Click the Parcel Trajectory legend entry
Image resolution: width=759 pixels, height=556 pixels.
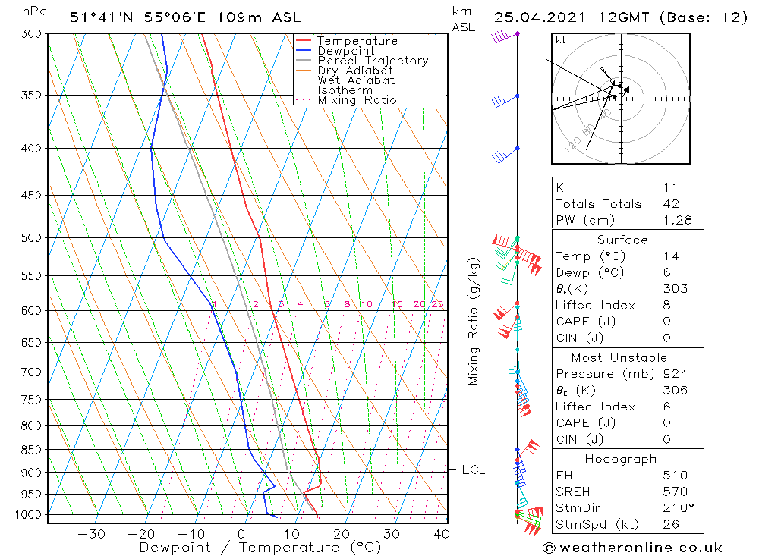pos(373,61)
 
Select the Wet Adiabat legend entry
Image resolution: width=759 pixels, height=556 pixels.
pos(356,80)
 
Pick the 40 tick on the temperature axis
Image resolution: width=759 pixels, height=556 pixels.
pos(442,534)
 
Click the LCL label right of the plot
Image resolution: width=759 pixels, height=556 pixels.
pos(473,470)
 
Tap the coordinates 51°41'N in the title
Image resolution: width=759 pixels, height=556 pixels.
pos(102,17)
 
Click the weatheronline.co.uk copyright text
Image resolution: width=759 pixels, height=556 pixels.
pos(632,548)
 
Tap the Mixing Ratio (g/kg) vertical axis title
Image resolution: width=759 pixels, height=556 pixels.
pos(474,322)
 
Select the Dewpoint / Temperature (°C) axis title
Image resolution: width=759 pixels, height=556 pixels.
pos(260,548)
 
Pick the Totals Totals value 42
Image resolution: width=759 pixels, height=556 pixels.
pos(670,203)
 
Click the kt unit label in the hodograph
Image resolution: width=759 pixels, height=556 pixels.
pos(561,40)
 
